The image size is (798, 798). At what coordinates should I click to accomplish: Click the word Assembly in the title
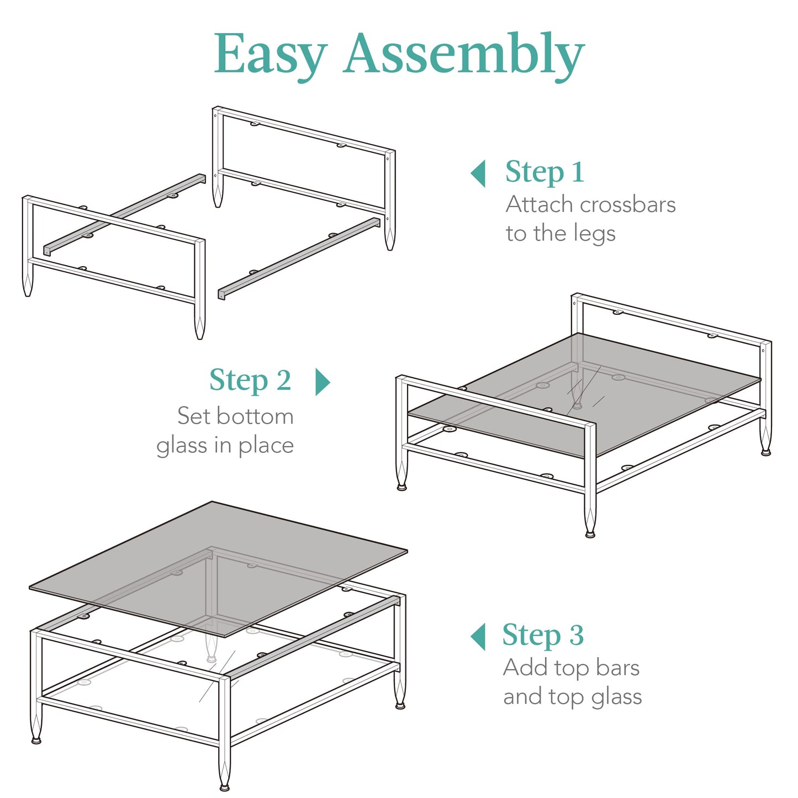[x=464, y=53]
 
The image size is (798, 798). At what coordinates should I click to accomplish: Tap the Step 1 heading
[x=545, y=171]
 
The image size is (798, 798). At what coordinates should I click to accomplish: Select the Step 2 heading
[x=251, y=380]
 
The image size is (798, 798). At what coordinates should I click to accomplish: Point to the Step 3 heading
[x=543, y=635]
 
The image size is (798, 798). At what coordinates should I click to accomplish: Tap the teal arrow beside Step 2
[x=323, y=382]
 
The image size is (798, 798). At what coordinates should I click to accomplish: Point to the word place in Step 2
[x=266, y=446]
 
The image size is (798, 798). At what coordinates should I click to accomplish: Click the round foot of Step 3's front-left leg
[x=36, y=740]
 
